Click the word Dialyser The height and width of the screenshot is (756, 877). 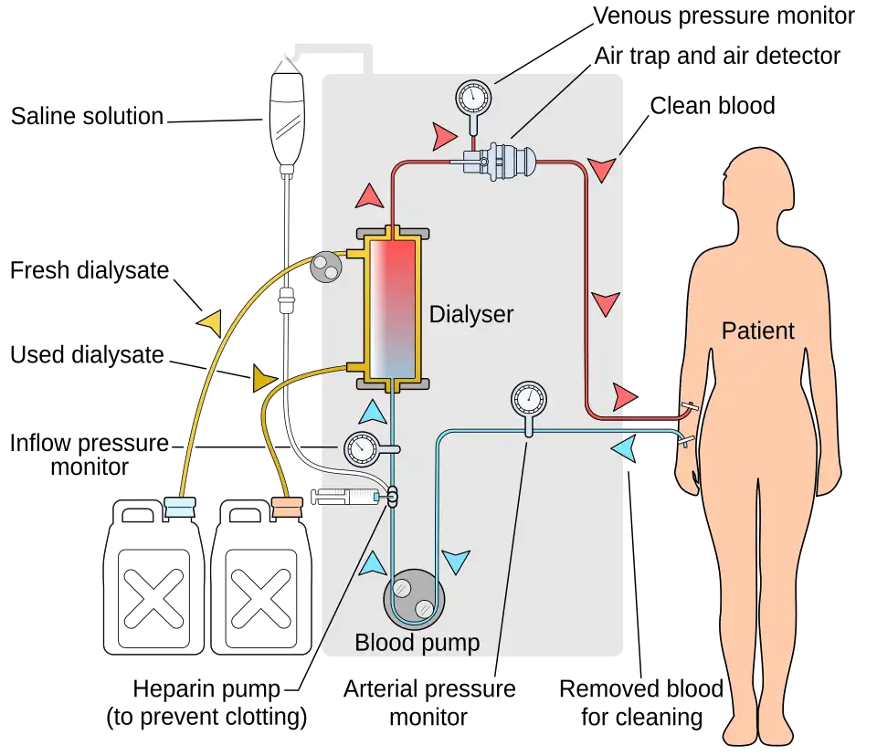tap(471, 315)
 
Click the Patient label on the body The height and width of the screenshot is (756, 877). tap(757, 331)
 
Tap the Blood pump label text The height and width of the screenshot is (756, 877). tap(417, 643)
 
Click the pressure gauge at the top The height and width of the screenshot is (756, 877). tap(472, 96)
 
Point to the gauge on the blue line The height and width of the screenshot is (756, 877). tap(528, 399)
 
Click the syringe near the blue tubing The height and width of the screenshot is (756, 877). tap(345, 498)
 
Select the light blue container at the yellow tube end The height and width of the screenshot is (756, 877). tap(179, 508)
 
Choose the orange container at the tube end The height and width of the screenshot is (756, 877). tap(289, 508)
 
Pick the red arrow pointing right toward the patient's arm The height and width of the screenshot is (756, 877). tap(624, 397)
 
